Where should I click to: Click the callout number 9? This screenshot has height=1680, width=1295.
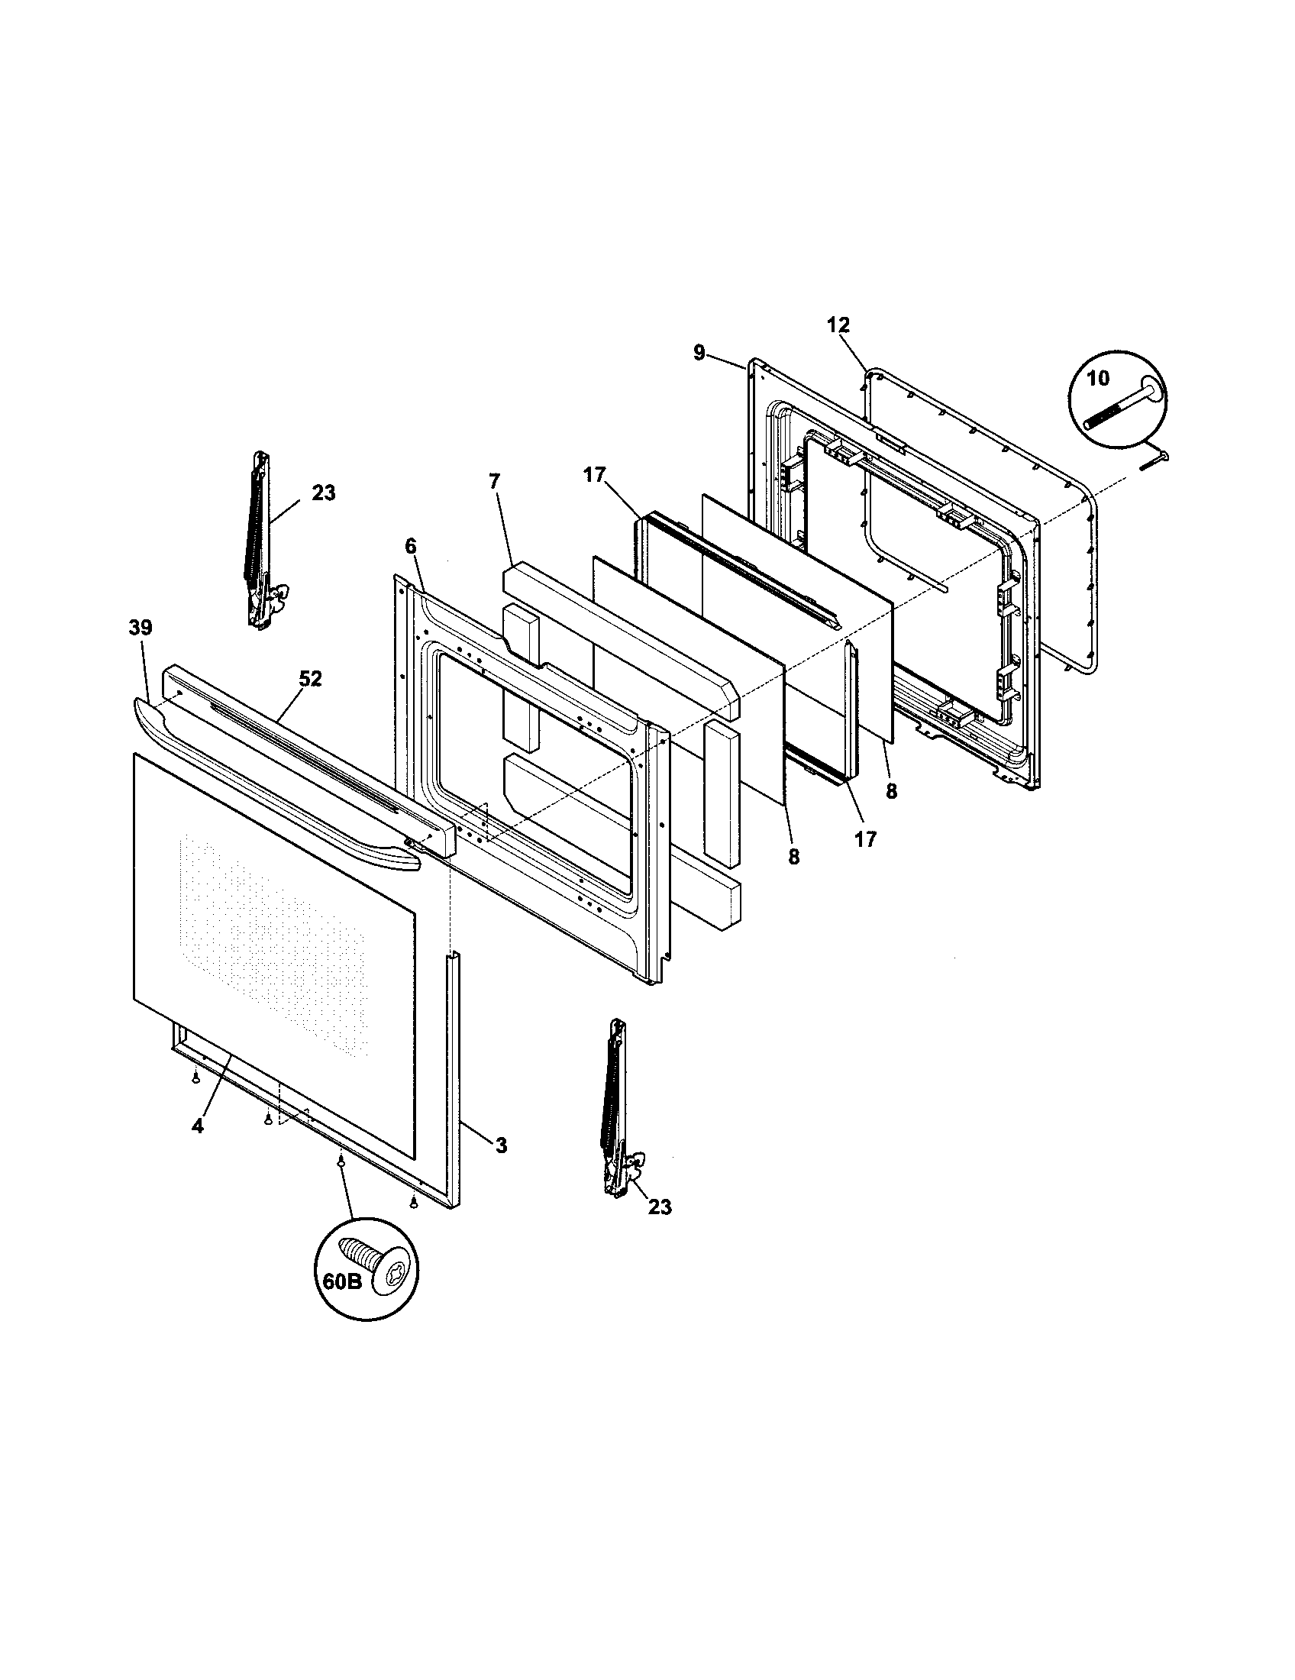[x=698, y=353]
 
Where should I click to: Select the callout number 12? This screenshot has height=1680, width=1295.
[x=838, y=325]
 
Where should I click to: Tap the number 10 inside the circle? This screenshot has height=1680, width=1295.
[x=1099, y=379]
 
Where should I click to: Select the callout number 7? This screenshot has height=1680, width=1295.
[x=494, y=481]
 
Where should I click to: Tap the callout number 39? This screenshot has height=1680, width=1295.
[x=140, y=628]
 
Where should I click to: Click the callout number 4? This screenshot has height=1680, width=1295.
[x=198, y=1126]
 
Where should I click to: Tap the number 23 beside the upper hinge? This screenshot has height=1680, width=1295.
[x=323, y=493]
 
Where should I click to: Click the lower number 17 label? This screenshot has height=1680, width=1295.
[x=865, y=839]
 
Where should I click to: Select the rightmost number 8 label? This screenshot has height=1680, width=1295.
[x=890, y=792]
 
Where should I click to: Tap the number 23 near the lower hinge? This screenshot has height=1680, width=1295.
[x=659, y=1207]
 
